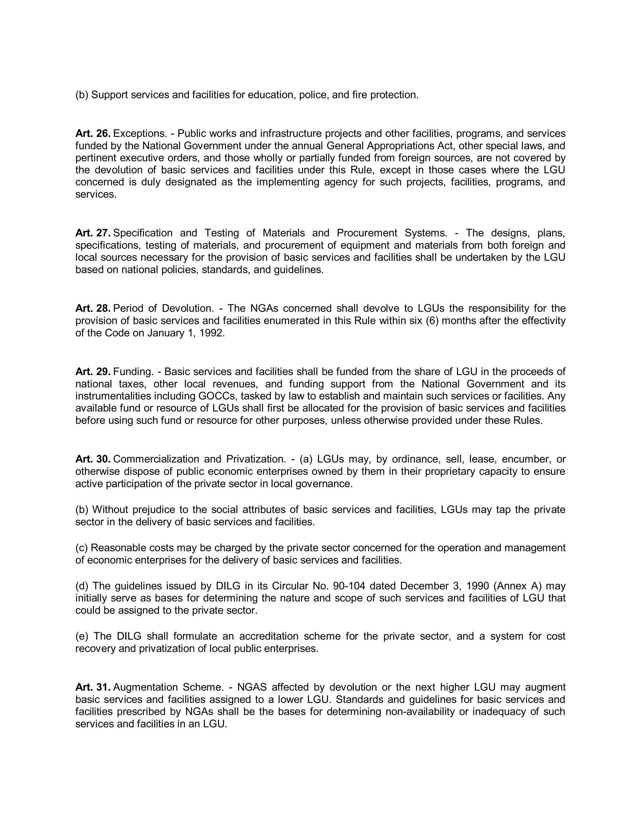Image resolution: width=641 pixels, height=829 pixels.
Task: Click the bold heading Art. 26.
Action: coord(93,134)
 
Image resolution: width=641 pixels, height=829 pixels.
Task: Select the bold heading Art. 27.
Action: coord(93,233)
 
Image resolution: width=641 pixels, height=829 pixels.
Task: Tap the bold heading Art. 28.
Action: coord(93,308)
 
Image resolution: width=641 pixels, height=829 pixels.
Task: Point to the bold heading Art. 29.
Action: coord(93,372)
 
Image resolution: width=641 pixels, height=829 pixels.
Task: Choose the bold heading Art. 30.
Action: coord(93,459)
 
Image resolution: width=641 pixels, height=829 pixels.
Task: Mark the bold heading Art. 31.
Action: coord(93,687)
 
